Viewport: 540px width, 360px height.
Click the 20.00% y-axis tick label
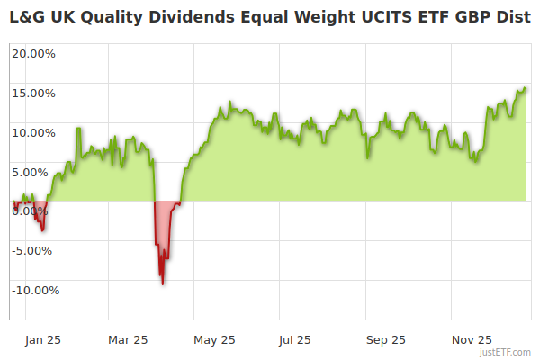point(33,53)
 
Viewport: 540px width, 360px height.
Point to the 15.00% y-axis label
point(33,93)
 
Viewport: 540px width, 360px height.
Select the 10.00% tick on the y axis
point(33,132)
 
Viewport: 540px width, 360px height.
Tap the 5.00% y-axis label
point(36,172)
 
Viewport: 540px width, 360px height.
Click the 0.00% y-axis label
point(36,211)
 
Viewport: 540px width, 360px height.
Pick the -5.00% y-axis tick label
point(34,250)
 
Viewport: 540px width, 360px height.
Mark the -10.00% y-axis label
point(33,290)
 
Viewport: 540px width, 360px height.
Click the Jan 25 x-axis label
point(43,340)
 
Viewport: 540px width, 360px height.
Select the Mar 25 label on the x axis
point(128,340)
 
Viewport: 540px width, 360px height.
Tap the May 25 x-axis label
point(215,340)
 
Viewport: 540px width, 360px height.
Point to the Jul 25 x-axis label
point(295,340)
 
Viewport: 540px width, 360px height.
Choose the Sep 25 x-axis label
point(386,340)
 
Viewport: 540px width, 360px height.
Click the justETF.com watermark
point(505,352)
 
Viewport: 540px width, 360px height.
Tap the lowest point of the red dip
point(162,284)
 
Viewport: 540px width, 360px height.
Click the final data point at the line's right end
point(526,88)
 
